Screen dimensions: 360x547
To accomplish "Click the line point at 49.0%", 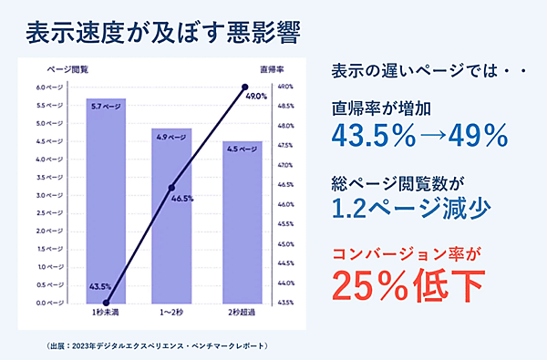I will [x=244, y=87].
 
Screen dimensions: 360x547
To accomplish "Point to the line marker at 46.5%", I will [x=171, y=188].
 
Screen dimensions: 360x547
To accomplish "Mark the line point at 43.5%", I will [x=107, y=302].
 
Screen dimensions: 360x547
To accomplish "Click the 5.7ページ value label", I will [x=106, y=106].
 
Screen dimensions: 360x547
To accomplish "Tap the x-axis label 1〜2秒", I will [x=171, y=313].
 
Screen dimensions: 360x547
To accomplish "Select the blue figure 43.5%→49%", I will [x=419, y=135].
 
